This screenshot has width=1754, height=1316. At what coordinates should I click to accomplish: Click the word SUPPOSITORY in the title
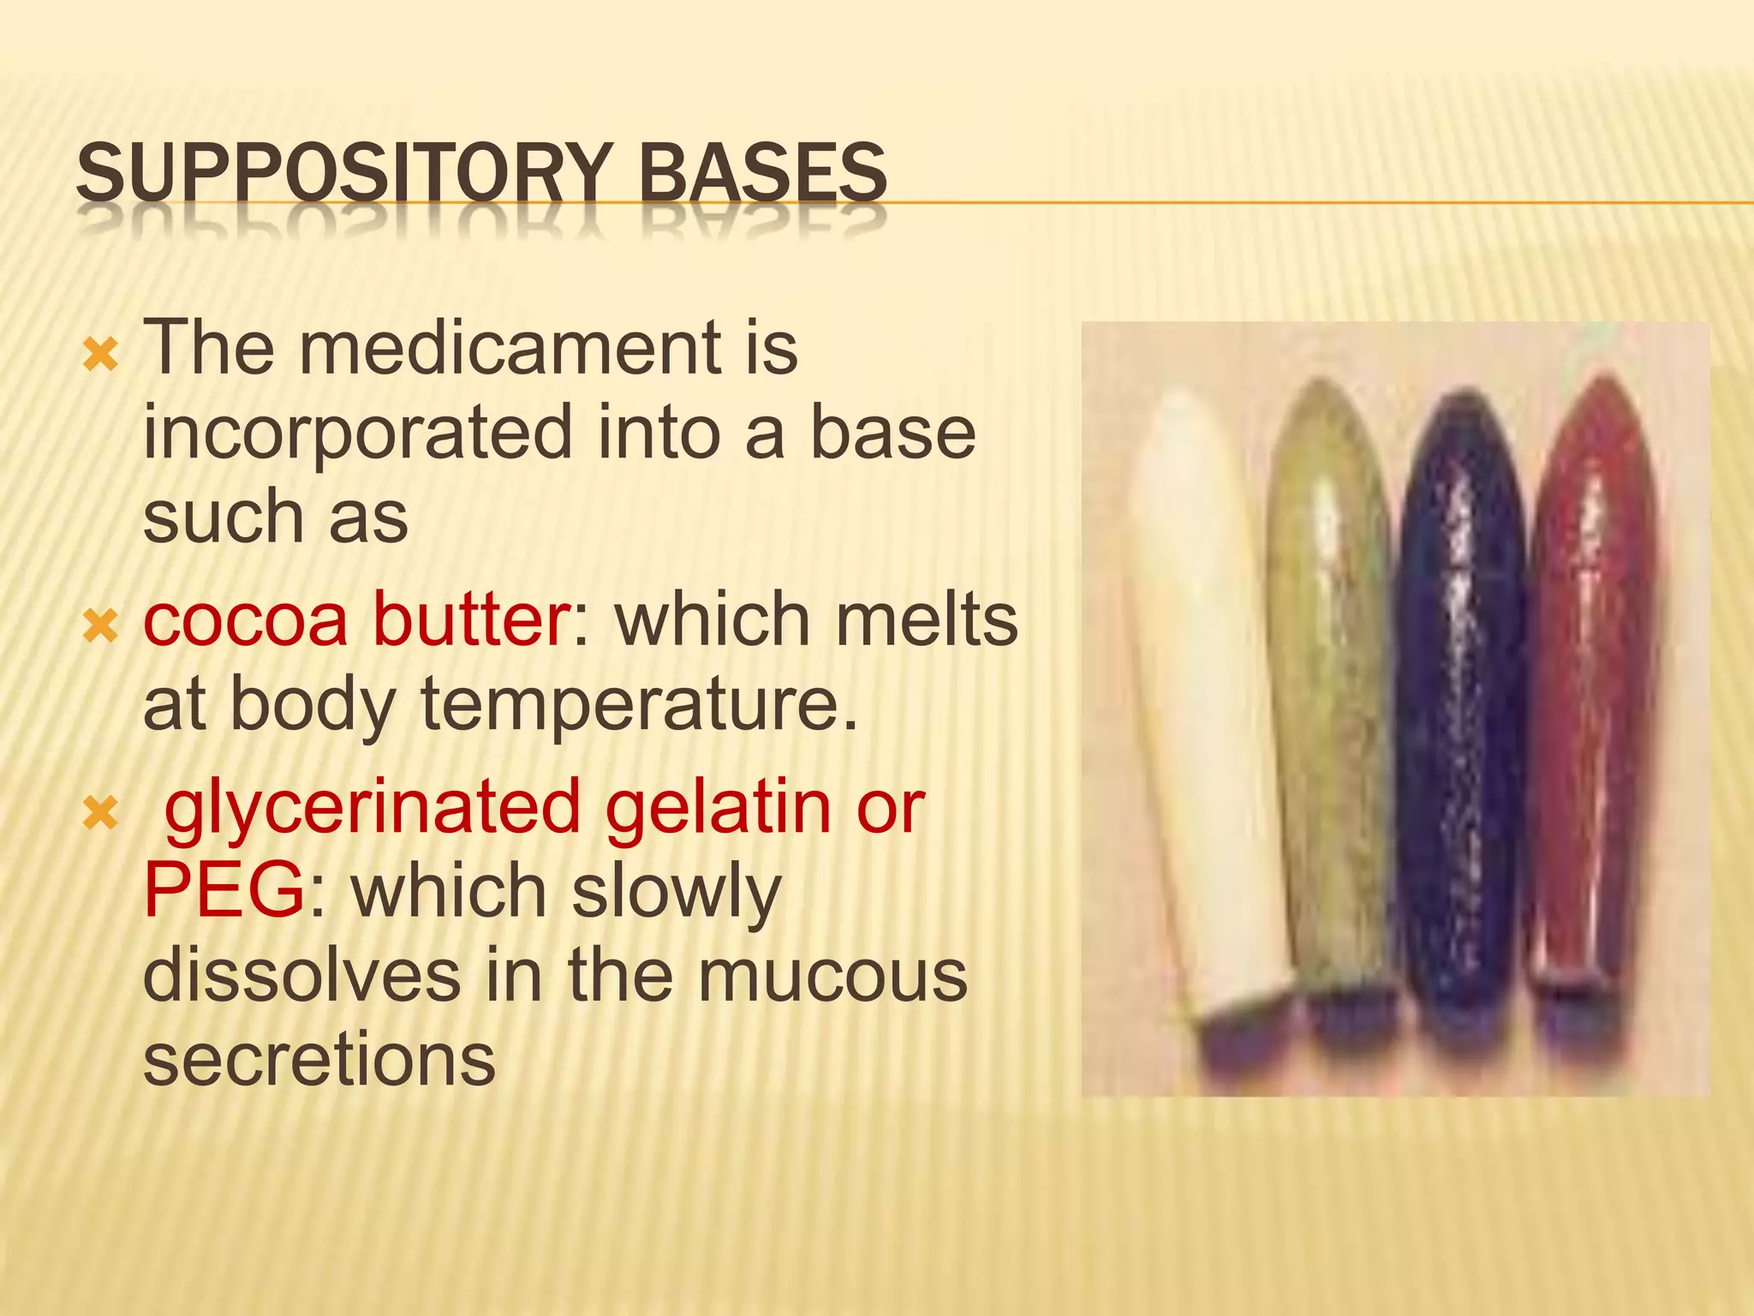pyautogui.click(x=346, y=175)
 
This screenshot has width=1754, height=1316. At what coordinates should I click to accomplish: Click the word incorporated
pyautogui.click(x=356, y=434)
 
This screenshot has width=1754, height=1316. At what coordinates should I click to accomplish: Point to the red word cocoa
pyautogui.click(x=246, y=620)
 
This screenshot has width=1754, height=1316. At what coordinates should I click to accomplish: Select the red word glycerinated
pyautogui.click(x=373, y=808)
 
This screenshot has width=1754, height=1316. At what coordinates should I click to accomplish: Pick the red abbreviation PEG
pyautogui.click(x=224, y=891)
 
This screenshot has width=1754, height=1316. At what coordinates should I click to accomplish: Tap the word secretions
pyautogui.click(x=319, y=1061)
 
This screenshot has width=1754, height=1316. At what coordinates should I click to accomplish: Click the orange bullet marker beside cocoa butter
pyautogui.click(x=100, y=628)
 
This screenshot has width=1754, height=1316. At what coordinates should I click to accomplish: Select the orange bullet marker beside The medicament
pyautogui.click(x=100, y=355)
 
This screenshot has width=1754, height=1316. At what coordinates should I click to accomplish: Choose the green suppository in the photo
pyautogui.click(x=1332, y=685)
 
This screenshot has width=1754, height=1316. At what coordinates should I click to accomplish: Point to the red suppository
pyautogui.click(x=1593, y=685)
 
